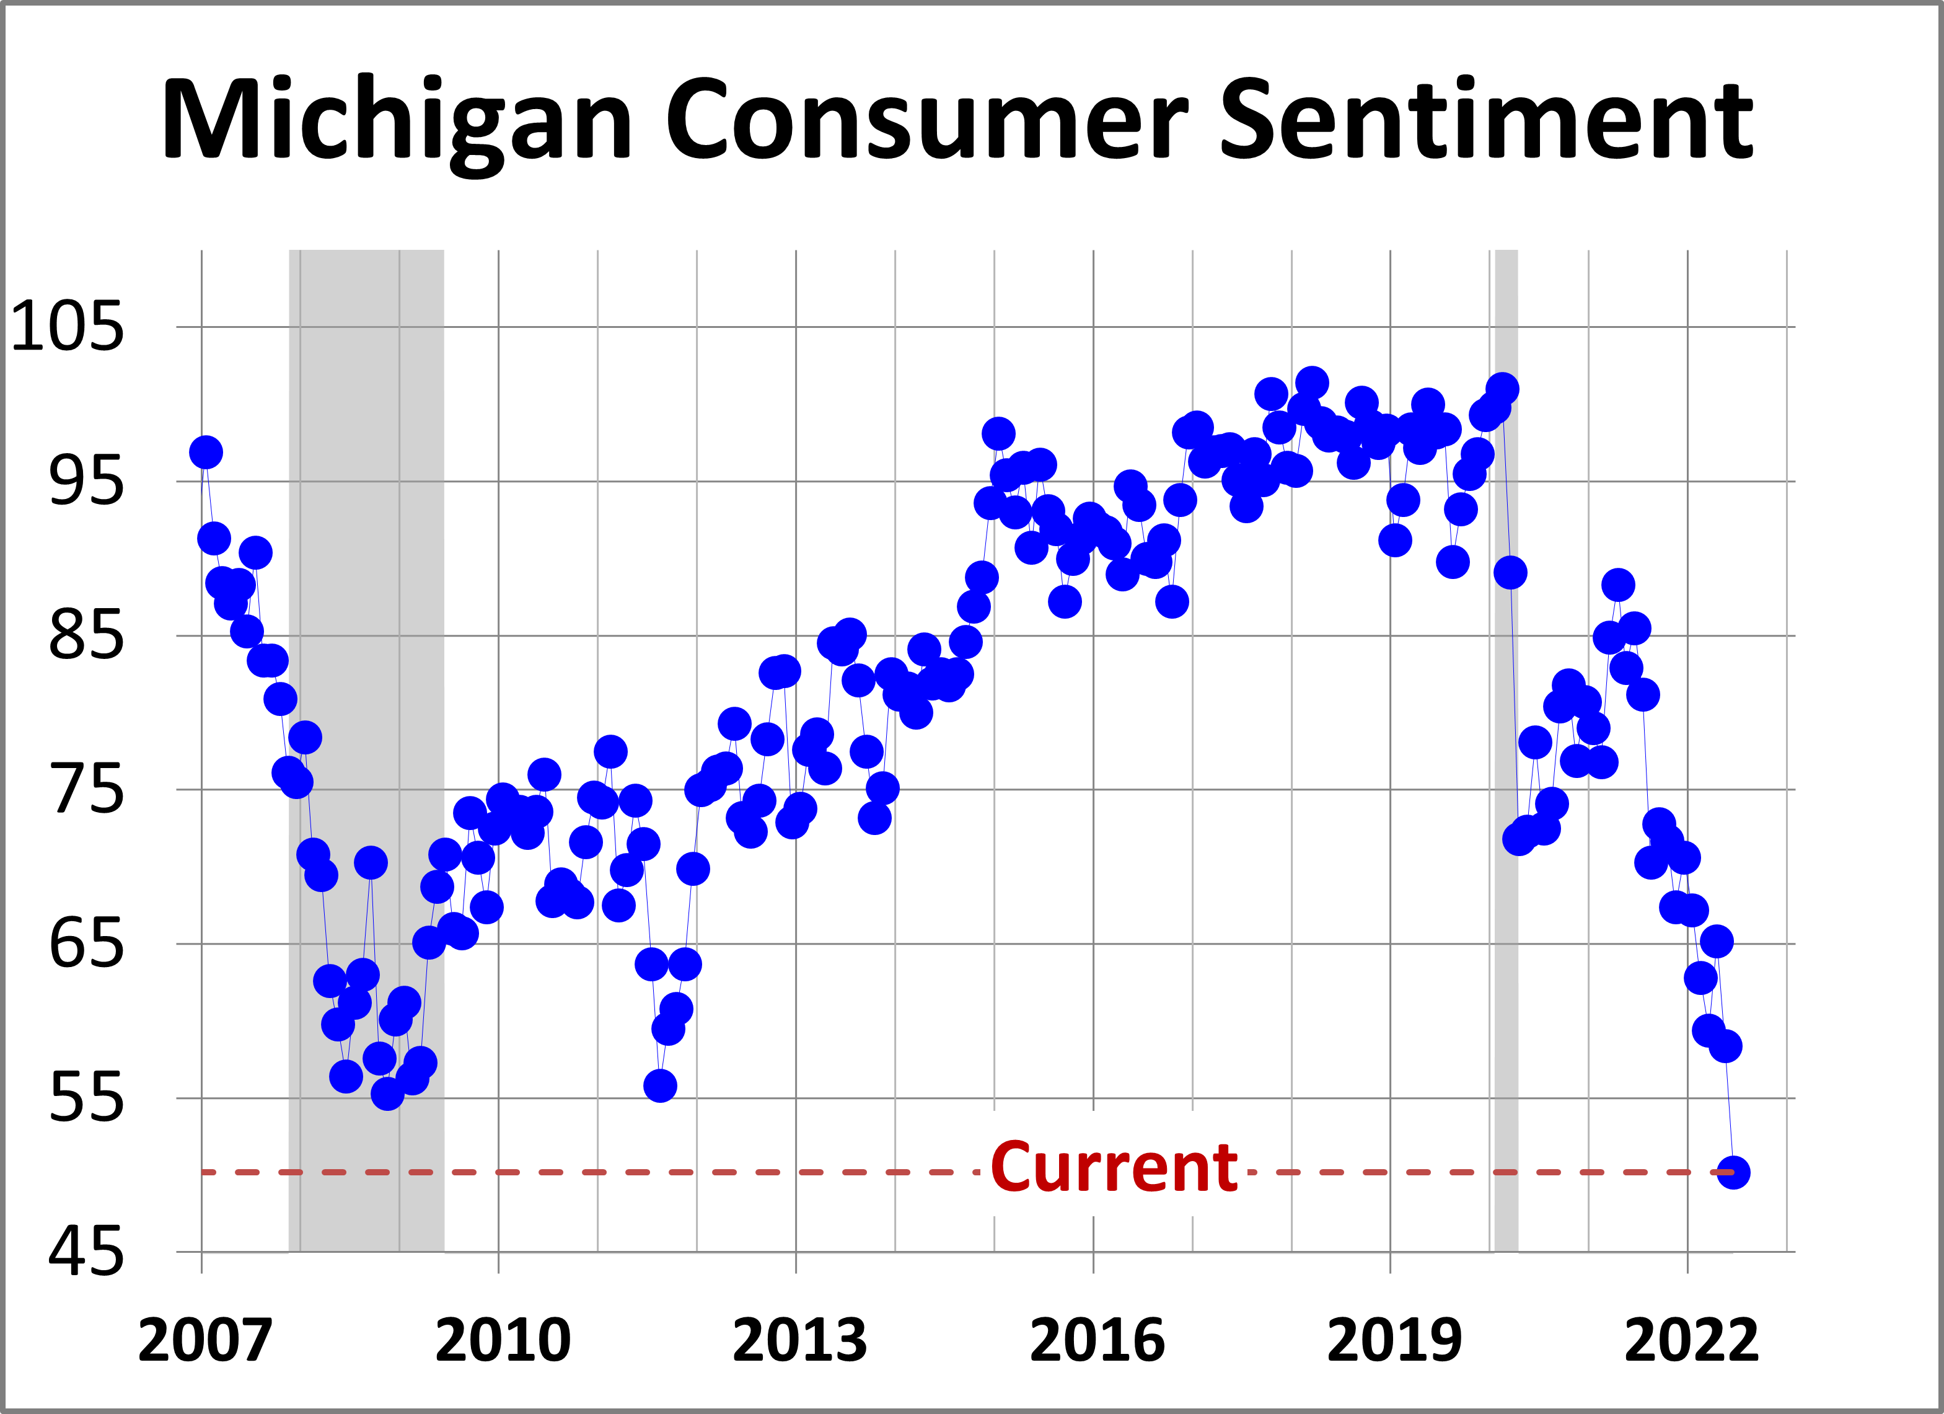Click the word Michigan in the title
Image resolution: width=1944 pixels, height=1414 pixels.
click(x=397, y=120)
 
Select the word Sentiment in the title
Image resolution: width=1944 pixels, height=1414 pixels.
click(x=1485, y=120)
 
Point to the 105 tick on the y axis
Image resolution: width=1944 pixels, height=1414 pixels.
click(x=67, y=327)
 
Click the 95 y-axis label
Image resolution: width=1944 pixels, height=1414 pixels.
click(x=86, y=481)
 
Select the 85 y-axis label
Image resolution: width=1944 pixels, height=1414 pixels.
click(x=86, y=636)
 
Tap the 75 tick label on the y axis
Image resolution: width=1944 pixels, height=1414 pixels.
click(x=86, y=790)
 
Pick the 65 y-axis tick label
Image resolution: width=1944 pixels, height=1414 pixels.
click(x=86, y=944)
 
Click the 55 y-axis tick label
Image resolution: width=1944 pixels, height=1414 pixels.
click(x=86, y=1098)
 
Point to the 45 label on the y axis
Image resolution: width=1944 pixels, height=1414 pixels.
click(x=86, y=1253)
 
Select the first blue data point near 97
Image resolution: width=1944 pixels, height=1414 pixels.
click(x=206, y=452)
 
